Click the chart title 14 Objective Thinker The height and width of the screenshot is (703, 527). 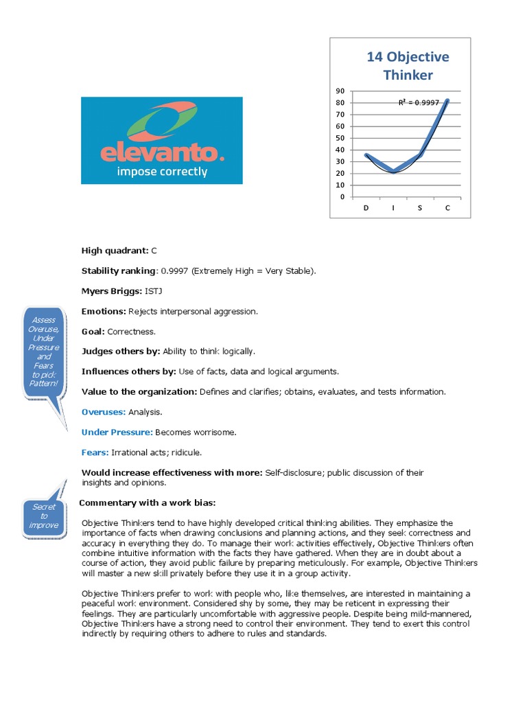[x=408, y=65]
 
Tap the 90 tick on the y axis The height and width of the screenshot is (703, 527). [x=340, y=91]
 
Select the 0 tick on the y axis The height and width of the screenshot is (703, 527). [x=342, y=197]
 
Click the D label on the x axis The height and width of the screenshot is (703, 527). [x=366, y=207]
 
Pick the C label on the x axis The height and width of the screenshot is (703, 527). [x=447, y=207]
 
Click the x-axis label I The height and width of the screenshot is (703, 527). [x=393, y=207]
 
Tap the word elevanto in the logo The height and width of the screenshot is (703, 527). [x=162, y=151]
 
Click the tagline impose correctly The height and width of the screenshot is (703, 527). [x=162, y=172]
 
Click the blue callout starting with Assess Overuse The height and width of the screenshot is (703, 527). [x=44, y=352]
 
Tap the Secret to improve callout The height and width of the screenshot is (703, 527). [x=44, y=516]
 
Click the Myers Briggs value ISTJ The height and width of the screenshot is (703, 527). [x=154, y=291]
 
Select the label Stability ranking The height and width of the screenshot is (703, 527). [x=119, y=270]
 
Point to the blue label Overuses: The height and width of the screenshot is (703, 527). [x=103, y=412]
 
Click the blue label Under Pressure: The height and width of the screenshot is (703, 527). [x=117, y=433]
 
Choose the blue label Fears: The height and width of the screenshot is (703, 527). [x=95, y=452]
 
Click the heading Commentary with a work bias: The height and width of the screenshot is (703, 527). [x=148, y=503]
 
